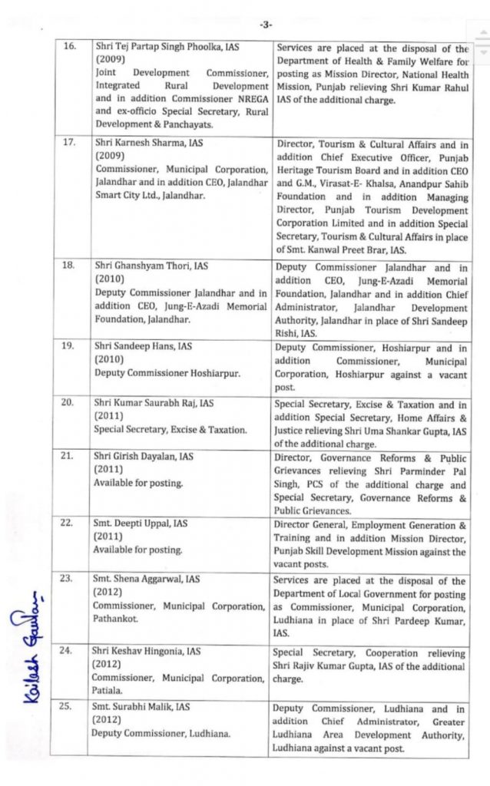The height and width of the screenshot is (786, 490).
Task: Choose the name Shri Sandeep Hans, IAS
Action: (x=143, y=347)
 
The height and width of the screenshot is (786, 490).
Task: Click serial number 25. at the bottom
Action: (x=68, y=707)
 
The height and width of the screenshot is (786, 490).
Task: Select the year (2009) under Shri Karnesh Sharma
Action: (x=109, y=157)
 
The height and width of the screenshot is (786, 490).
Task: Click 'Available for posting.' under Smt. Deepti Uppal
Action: (x=138, y=550)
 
